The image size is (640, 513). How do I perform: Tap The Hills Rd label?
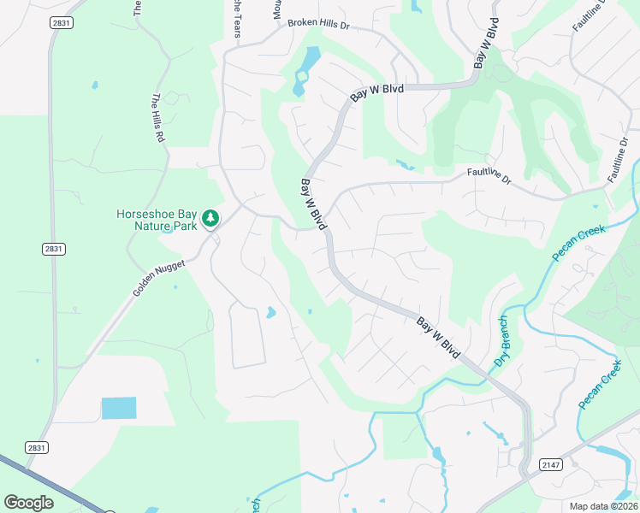point(158,117)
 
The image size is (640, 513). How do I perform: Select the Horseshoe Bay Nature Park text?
point(157,220)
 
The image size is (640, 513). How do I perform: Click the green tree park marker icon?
point(210,220)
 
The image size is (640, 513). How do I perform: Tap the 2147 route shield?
point(552,464)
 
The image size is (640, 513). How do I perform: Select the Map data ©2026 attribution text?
point(603,506)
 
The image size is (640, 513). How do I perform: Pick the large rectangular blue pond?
point(119,408)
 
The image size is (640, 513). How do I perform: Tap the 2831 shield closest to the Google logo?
point(36,447)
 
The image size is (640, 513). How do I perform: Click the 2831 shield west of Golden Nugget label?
point(53,249)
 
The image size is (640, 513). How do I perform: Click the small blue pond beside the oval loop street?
point(271,313)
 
